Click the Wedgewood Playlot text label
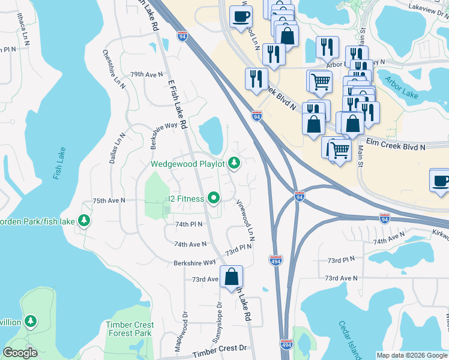coord(187,163)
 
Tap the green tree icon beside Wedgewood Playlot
coord(234,163)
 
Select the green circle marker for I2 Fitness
coord(213,197)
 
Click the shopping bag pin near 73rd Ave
coord(231,277)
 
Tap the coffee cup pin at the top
coord(241,17)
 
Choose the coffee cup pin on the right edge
coord(441,180)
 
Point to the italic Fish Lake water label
coord(58,163)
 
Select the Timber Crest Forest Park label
coord(130,329)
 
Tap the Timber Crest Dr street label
coord(220,348)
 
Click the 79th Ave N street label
coord(146,74)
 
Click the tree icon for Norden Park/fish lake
coord(84,221)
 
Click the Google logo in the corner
coord(20,353)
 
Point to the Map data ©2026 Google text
coord(411,355)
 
